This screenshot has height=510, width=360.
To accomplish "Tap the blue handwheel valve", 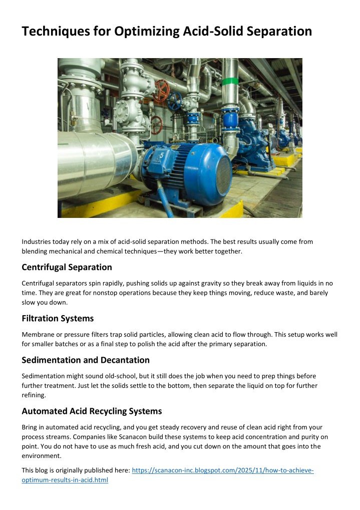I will pos(175,102).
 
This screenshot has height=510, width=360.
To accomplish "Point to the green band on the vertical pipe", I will pos(230,81).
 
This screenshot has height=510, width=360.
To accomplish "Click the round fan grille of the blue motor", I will pos(217,173).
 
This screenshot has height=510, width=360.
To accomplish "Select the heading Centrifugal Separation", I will pos(67,267).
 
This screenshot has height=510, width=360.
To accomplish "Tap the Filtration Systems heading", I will pos(58,318).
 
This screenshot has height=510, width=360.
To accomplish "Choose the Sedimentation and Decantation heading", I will pos(86,360).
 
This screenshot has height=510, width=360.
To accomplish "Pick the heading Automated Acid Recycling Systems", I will pos(92,411).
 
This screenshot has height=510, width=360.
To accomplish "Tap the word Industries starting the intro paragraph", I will pos(37,241).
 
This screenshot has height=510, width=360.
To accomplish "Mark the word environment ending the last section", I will pos(43,455).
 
